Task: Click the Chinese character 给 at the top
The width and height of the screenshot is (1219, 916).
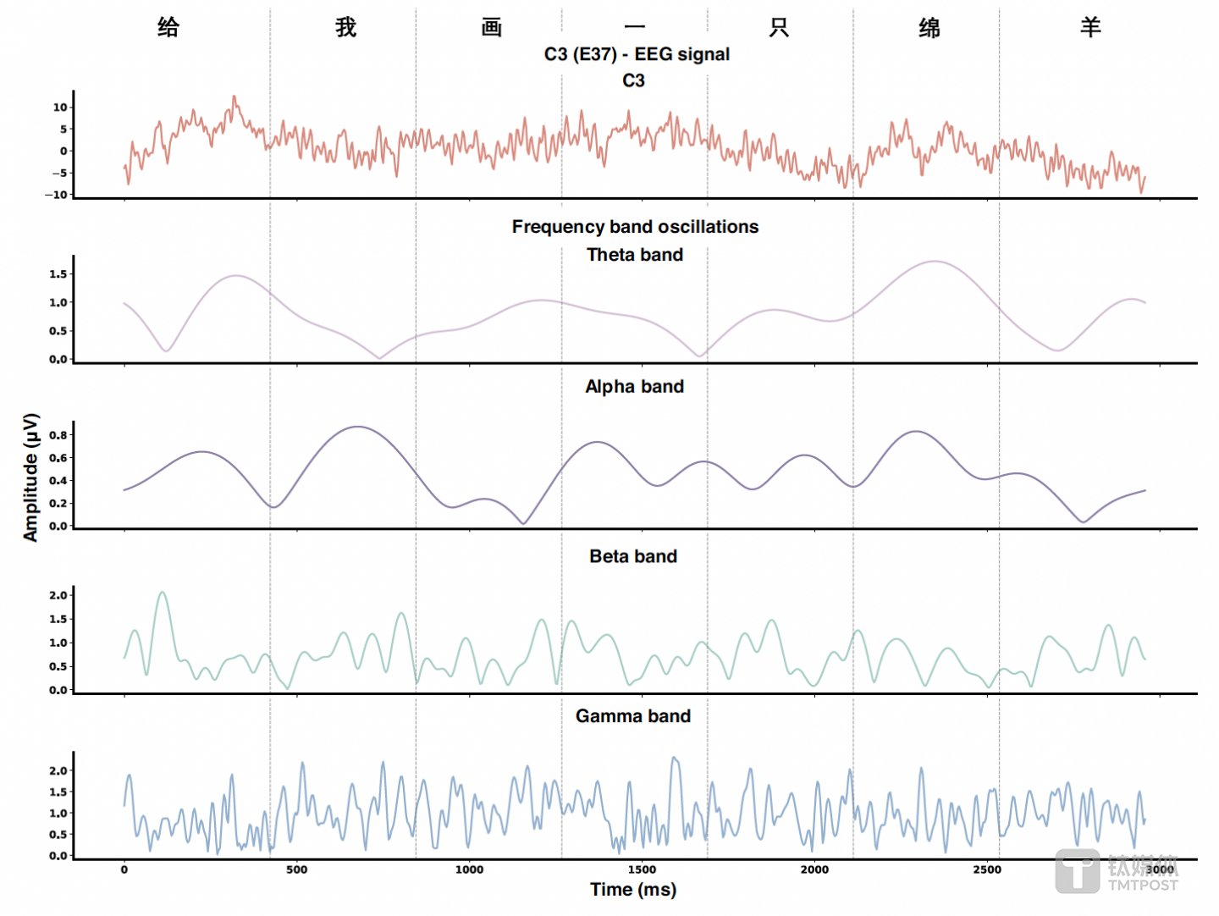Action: click(x=168, y=27)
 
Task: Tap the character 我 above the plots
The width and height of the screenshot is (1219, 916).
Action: click(x=345, y=27)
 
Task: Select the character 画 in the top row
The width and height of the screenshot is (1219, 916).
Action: click(x=492, y=27)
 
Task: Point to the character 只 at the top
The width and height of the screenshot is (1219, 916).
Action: click(x=779, y=28)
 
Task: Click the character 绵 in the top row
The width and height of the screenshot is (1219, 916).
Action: click(x=929, y=28)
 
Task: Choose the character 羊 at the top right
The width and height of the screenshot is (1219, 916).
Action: click(x=1090, y=27)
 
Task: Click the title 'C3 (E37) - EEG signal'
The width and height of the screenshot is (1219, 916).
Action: click(x=637, y=54)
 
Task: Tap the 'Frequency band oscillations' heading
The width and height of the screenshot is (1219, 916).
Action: click(x=635, y=227)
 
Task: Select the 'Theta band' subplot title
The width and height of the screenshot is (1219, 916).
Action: click(x=635, y=255)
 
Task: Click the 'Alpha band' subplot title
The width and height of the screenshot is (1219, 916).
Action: click(x=635, y=387)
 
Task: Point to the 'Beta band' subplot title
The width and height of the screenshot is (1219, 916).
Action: click(x=633, y=556)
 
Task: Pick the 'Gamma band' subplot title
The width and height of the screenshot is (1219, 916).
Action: click(x=633, y=716)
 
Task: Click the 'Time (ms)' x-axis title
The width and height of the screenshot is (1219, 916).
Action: click(x=633, y=889)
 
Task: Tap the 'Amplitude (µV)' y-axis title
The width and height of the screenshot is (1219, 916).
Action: click(x=31, y=477)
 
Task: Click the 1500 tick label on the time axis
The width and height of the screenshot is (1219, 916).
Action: click(x=642, y=869)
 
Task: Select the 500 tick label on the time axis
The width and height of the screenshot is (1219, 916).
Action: click(x=296, y=869)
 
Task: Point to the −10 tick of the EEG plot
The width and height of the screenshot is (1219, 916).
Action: click(x=56, y=195)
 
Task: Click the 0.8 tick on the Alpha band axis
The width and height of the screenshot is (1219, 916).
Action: click(x=58, y=435)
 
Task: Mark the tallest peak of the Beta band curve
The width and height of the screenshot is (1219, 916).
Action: click(x=163, y=593)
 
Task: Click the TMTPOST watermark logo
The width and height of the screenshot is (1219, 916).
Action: click(x=1117, y=872)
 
